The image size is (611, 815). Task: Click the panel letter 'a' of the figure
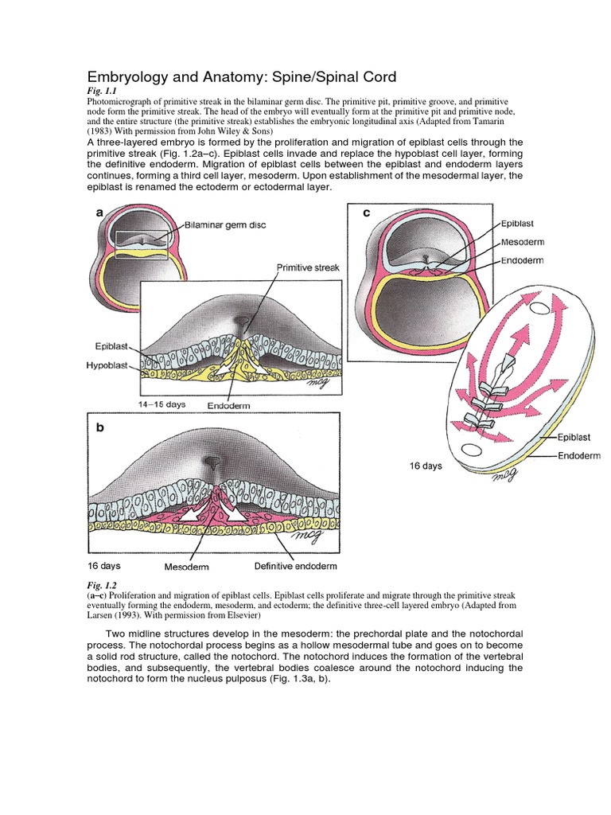[x=100, y=213]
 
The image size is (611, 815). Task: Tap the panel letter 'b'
[x=100, y=427]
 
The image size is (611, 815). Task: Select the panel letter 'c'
[x=367, y=213]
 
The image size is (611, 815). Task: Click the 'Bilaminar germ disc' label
[x=225, y=225]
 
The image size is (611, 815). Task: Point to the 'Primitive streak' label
[x=308, y=267]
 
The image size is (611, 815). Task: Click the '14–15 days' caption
[x=162, y=404]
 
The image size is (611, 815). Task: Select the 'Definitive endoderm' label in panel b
[x=295, y=566]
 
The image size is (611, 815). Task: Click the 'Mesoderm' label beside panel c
[x=523, y=243]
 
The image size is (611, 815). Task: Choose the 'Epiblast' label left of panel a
[x=110, y=348]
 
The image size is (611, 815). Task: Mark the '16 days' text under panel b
[x=104, y=566]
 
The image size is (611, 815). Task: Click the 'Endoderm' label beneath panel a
[x=229, y=405]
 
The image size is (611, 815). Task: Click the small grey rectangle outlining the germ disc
[x=141, y=244]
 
